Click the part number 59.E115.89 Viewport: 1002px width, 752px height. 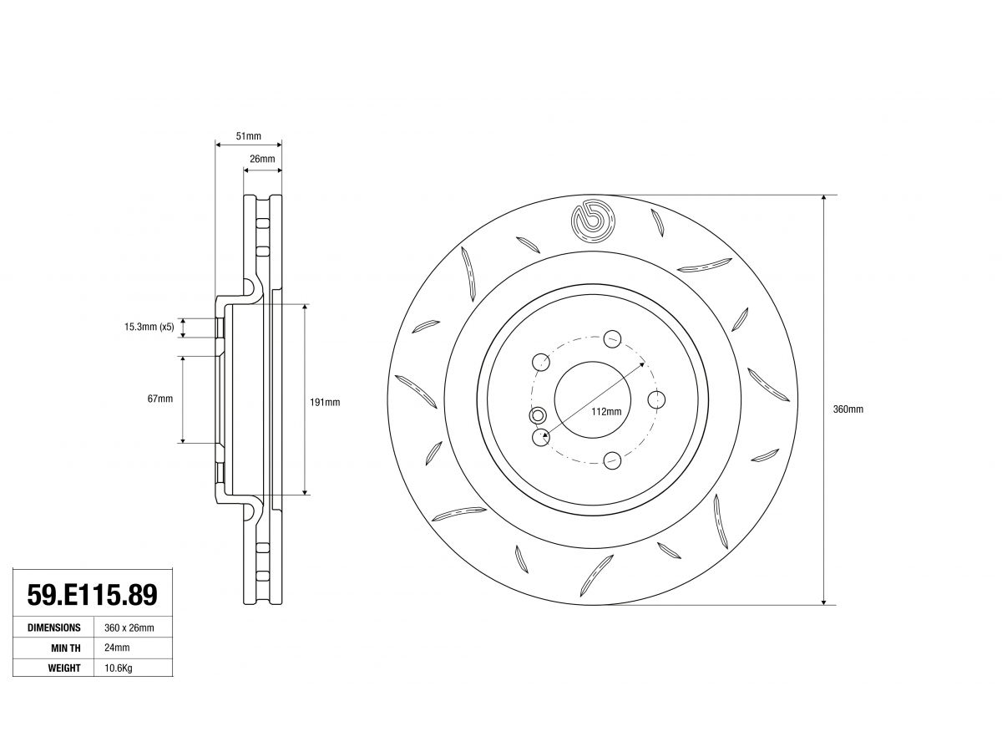[x=92, y=594]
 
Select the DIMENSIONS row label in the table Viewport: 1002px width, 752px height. [x=54, y=628]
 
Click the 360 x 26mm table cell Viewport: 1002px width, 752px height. [x=129, y=628]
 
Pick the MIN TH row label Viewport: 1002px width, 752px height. [x=66, y=648]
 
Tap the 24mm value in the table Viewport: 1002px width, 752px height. [x=117, y=648]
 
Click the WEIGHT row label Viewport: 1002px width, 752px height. [x=64, y=668]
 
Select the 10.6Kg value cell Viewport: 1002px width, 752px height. [x=119, y=668]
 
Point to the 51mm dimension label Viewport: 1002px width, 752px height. [x=248, y=136]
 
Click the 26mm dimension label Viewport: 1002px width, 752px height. [x=262, y=159]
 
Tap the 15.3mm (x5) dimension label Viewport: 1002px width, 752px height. [x=149, y=327]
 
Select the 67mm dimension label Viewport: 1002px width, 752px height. [x=159, y=399]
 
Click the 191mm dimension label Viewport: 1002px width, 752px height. [x=325, y=402]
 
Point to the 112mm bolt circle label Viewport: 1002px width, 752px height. [x=606, y=411]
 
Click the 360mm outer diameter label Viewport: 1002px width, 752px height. [x=848, y=409]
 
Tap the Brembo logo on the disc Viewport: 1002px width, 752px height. [x=593, y=221]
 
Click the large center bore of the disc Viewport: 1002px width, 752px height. [x=593, y=399]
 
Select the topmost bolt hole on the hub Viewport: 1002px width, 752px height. [x=612, y=338]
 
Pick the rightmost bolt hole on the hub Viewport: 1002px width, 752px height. [x=656, y=399]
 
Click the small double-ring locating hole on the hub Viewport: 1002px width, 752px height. [x=537, y=415]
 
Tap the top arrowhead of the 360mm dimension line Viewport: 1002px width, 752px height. [x=823, y=199]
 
